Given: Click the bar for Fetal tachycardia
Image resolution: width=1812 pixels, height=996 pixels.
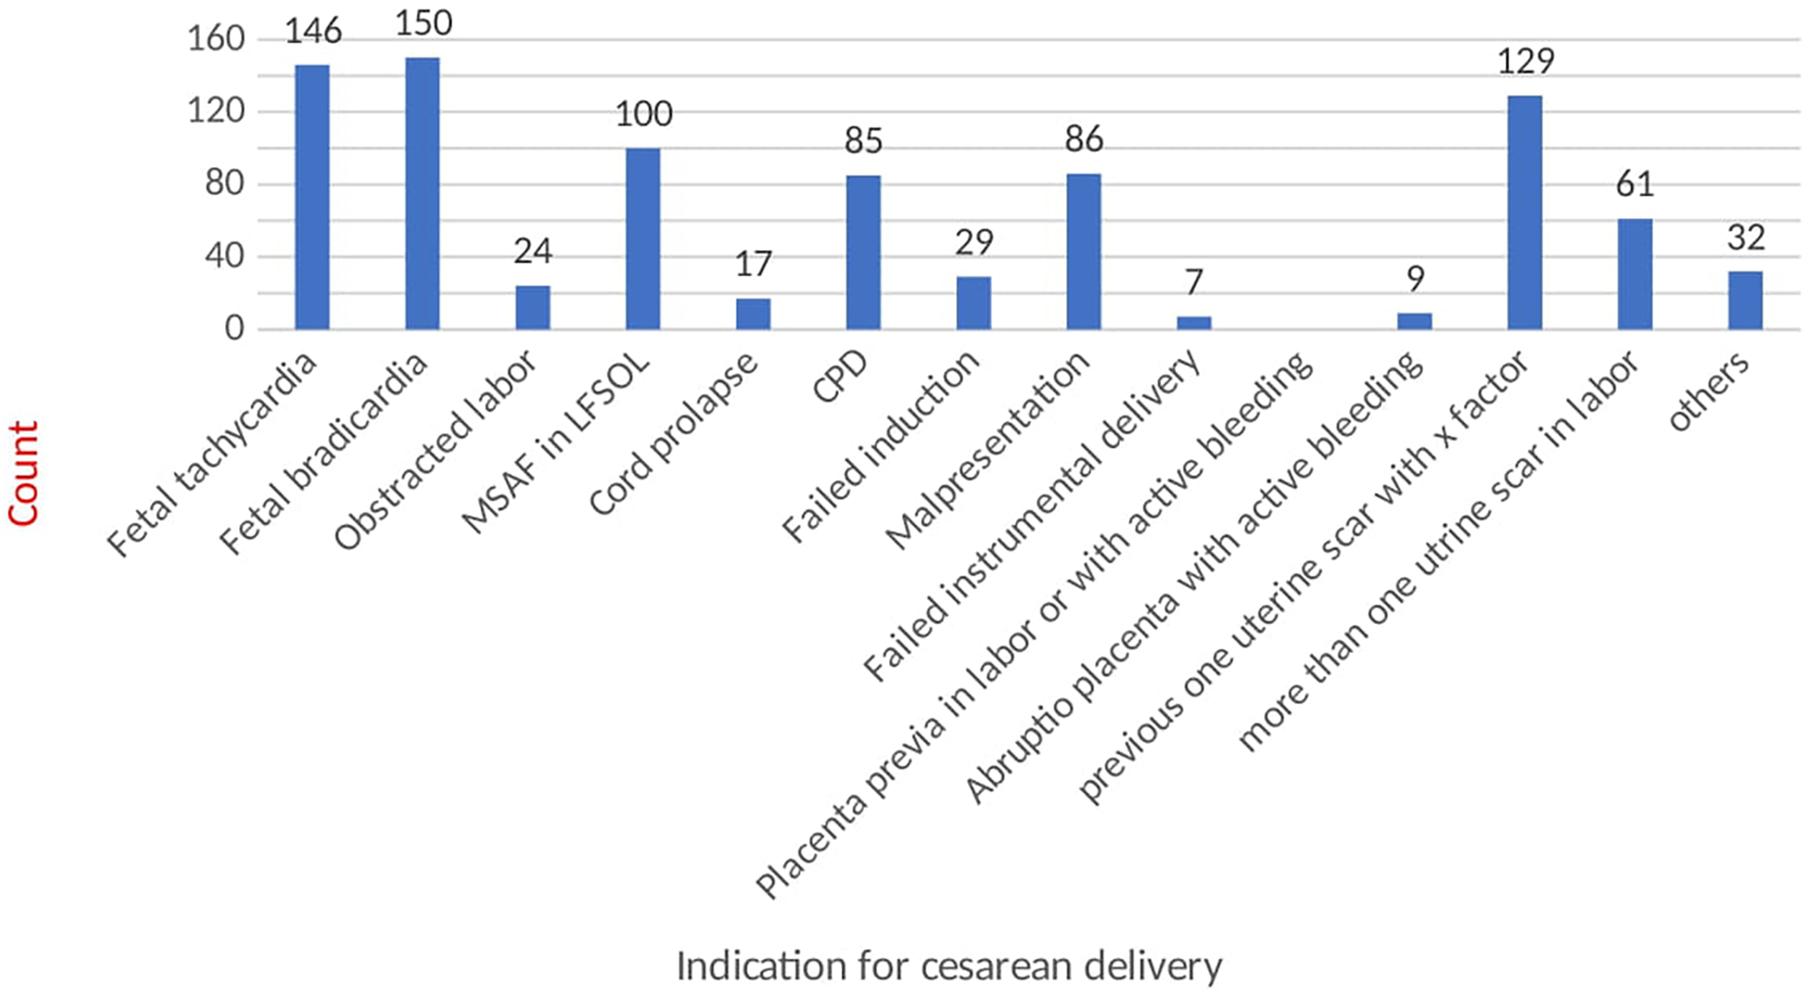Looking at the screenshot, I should pos(312,197).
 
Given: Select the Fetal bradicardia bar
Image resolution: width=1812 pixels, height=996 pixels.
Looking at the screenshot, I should pos(422,193).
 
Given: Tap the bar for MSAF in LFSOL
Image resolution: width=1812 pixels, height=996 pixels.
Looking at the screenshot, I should pos(643,239).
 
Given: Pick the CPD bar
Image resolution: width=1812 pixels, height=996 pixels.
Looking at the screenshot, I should pos(863,252).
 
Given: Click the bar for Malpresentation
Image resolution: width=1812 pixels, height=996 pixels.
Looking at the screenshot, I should pos(1084,251).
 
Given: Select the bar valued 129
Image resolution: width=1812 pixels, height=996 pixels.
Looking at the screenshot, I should pos(1525,212).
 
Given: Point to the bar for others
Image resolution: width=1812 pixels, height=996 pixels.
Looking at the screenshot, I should pos(1745,300).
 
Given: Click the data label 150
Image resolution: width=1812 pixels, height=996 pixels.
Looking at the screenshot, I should pos(423,23).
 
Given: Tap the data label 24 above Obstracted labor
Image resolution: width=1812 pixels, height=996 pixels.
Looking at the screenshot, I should pos(533,251).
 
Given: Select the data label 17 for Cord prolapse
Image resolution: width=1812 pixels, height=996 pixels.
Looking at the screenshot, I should pos(753,264).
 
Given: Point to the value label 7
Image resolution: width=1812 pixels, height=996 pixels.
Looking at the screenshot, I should pos(1194,281).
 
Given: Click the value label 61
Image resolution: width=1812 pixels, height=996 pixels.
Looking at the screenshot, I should pos(1635,184).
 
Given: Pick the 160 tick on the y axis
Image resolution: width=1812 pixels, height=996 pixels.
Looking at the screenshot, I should pos(216,39).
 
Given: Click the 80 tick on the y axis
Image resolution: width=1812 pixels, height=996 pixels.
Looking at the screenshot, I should pos(224,183).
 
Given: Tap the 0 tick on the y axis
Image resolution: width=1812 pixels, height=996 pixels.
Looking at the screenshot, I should pos(234,328).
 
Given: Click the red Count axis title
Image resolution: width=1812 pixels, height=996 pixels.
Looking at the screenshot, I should pos(23,473).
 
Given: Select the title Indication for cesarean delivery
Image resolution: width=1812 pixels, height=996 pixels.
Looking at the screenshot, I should pos(949,966).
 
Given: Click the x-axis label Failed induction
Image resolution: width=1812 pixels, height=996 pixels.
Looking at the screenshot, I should pos(880,446).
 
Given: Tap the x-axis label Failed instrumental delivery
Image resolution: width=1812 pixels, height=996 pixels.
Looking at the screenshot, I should pos(1031,516).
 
